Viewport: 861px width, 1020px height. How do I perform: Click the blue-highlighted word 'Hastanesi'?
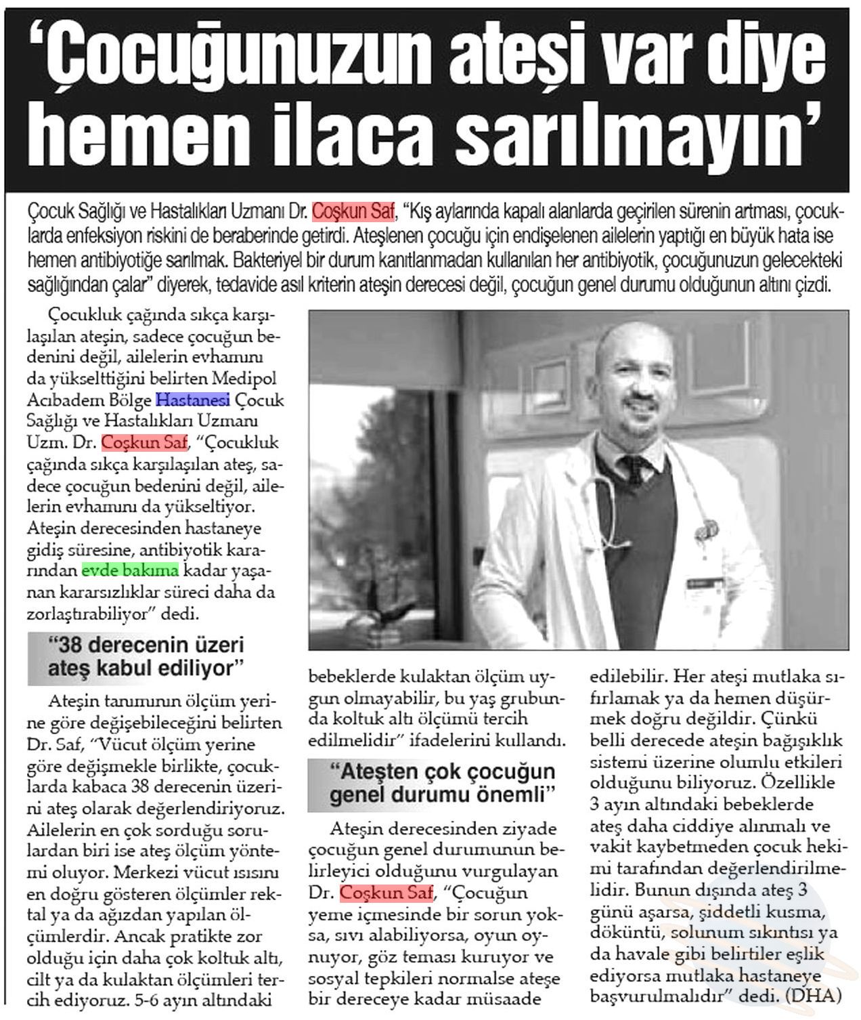pos(193,400)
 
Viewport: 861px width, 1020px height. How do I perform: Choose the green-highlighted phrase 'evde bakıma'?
pos(130,570)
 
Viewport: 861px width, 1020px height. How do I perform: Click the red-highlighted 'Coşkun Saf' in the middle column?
pos(386,893)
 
